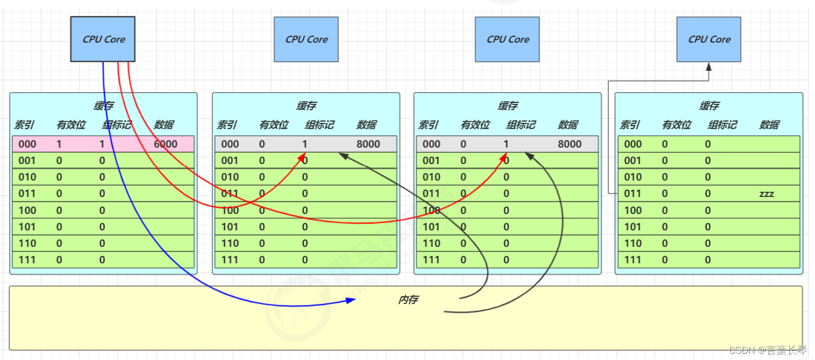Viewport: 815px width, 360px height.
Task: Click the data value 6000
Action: click(166, 144)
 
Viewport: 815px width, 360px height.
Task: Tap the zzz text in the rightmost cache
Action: click(766, 194)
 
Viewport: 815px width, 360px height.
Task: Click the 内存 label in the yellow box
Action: click(408, 299)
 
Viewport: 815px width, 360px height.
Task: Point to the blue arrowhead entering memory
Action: click(351, 300)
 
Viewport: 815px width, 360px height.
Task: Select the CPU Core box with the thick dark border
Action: click(103, 39)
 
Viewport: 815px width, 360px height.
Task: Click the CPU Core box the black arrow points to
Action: click(709, 39)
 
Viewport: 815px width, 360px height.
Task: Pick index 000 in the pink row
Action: click(27, 144)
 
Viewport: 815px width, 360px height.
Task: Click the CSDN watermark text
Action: click(768, 350)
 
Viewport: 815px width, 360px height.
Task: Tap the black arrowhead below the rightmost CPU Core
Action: click(709, 67)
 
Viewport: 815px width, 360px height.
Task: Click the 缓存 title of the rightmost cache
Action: click(709, 106)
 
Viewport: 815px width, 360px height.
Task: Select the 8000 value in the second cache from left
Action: click(368, 144)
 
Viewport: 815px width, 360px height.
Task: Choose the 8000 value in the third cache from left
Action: click(570, 144)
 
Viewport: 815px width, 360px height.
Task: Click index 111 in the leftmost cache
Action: click(27, 260)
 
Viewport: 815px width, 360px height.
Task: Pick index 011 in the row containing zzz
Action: click(632, 193)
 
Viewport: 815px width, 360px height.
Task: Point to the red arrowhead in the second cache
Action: click(303, 156)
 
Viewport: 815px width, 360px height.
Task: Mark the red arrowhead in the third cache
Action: click(504, 156)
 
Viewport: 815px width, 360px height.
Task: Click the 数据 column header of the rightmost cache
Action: click(769, 124)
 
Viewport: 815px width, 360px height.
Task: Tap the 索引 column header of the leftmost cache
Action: click(24, 124)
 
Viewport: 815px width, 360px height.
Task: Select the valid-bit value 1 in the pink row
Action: click(59, 144)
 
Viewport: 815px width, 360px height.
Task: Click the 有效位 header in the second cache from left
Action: click(274, 124)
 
